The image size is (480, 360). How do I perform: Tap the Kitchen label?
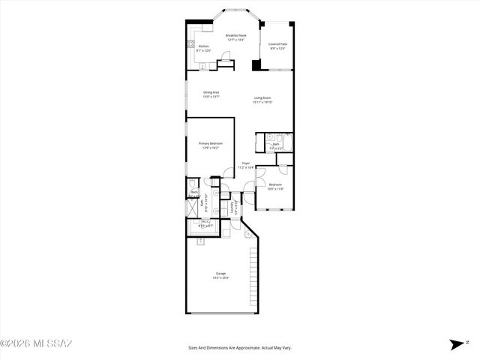click(203, 46)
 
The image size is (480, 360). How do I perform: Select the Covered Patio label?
click(278, 44)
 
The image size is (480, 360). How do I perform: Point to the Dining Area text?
click(211, 92)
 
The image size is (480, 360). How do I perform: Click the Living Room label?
click(262, 97)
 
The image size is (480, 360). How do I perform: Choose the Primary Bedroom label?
click(210, 143)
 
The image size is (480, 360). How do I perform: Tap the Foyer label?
click(245, 163)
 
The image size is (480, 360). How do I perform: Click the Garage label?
click(221, 273)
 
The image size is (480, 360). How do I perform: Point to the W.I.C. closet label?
click(205, 221)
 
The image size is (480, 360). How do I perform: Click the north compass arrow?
click(455, 345)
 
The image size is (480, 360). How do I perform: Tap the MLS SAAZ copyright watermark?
click(36, 344)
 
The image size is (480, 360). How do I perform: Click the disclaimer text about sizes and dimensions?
click(239, 348)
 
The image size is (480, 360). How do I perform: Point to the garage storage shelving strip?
click(253, 277)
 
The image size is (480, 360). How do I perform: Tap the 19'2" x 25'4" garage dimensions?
click(221, 277)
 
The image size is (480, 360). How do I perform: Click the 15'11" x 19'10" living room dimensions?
click(262, 102)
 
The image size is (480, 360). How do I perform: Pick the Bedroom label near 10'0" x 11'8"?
click(275, 184)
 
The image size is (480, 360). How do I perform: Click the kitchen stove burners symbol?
click(190, 43)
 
